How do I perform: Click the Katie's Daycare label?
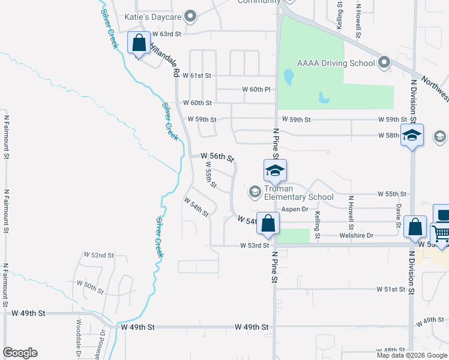152,17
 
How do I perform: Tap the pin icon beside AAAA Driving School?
385,63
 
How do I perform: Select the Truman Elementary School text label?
299,193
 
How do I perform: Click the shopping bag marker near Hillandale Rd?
139,44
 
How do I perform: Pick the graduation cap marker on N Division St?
412,136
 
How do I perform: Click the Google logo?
20,353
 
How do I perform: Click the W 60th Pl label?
256,89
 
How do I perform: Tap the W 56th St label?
217,157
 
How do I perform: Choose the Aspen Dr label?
295,209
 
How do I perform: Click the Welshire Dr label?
357,235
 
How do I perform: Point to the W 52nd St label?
99,255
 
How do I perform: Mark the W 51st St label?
391,289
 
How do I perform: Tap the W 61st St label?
200,76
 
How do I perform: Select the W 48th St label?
391,350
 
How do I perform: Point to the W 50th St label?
90,287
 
